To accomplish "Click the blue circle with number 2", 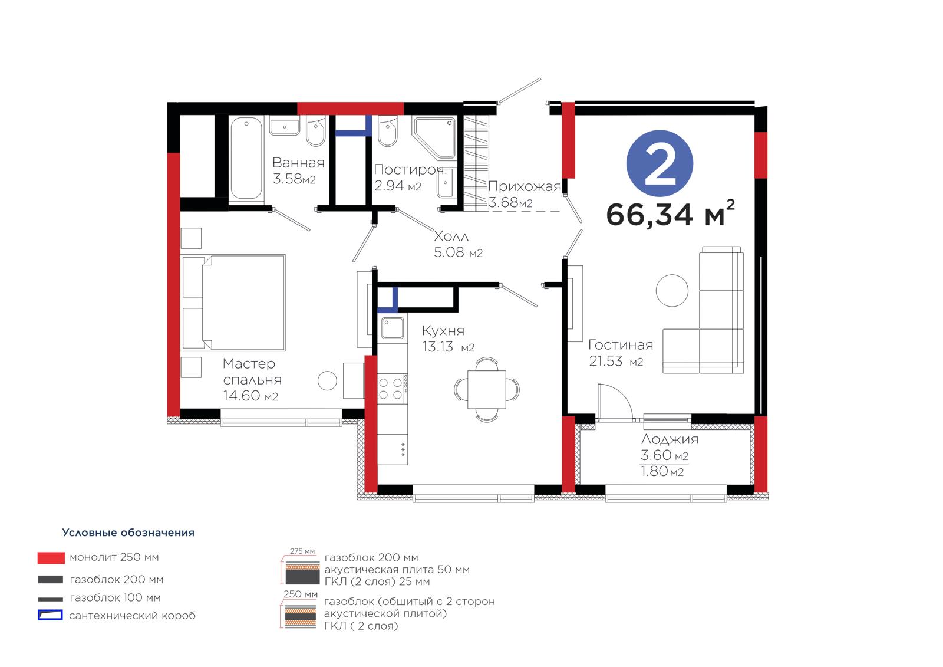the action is point(660,163).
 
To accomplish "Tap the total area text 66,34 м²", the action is point(670,213).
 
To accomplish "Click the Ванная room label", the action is point(298,163).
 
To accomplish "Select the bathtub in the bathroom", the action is point(246,158).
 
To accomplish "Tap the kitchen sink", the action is point(393,328).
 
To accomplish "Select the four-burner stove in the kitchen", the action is point(391,389).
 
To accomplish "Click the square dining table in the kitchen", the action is point(487,389).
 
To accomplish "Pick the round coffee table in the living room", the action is point(672,290).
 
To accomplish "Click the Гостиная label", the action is point(621,345).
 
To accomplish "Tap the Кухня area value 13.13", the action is point(437,347).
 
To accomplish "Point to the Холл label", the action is point(451,236).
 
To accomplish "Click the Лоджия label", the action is point(670,439).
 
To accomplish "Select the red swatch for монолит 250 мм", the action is point(51,558).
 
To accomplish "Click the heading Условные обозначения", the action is point(128,533).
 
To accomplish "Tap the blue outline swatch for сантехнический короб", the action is point(51,615).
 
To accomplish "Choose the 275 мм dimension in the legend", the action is point(302,551).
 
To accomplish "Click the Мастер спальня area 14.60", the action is point(242,396).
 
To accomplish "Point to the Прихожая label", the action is point(525,186).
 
